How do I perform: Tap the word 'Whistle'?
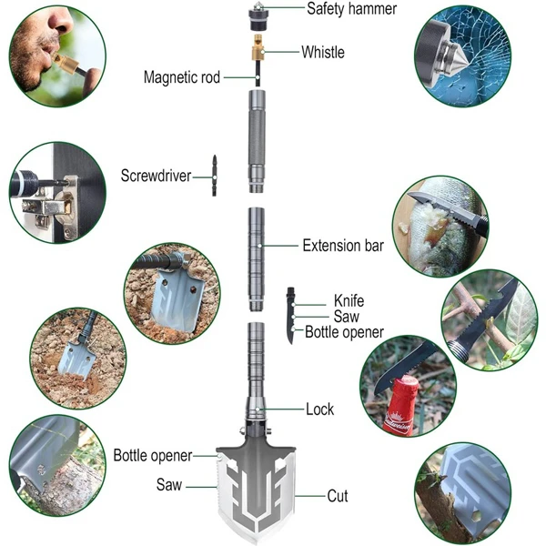point(323,52)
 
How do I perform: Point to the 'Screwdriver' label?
point(156,175)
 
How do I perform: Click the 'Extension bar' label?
point(342,245)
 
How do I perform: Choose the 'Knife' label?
point(349,299)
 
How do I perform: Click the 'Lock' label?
point(319,409)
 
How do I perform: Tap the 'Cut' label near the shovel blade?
point(339,497)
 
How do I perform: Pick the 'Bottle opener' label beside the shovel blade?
point(153,455)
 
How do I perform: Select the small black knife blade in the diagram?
point(290,315)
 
